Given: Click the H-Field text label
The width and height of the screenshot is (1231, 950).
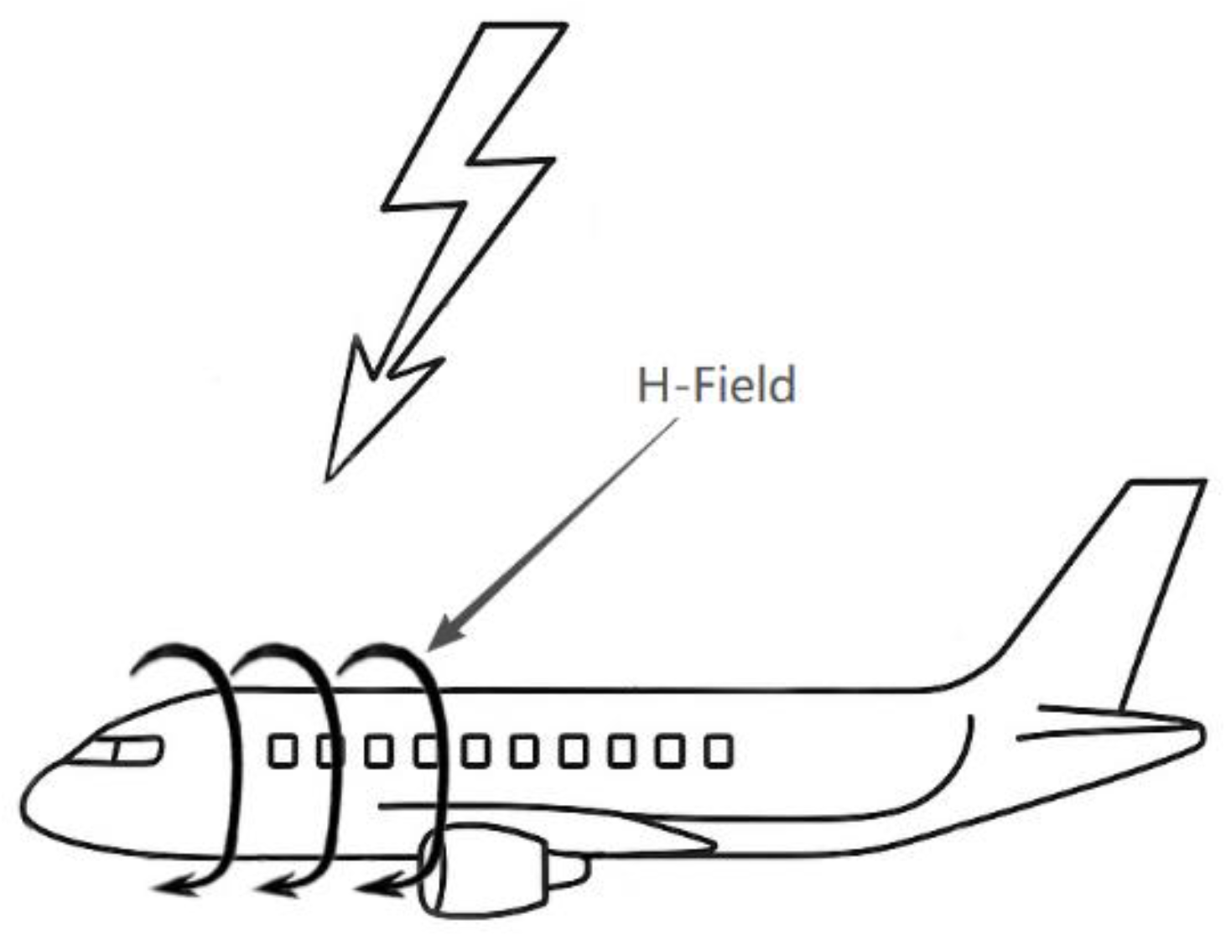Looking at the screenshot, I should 716,387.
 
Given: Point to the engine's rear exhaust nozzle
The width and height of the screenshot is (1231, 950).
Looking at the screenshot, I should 570,871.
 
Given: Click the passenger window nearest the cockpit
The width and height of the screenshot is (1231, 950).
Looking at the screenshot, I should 282,751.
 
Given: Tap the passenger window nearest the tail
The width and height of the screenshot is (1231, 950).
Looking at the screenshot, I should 718,751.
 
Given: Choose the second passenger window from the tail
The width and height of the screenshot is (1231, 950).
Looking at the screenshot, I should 669,751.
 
